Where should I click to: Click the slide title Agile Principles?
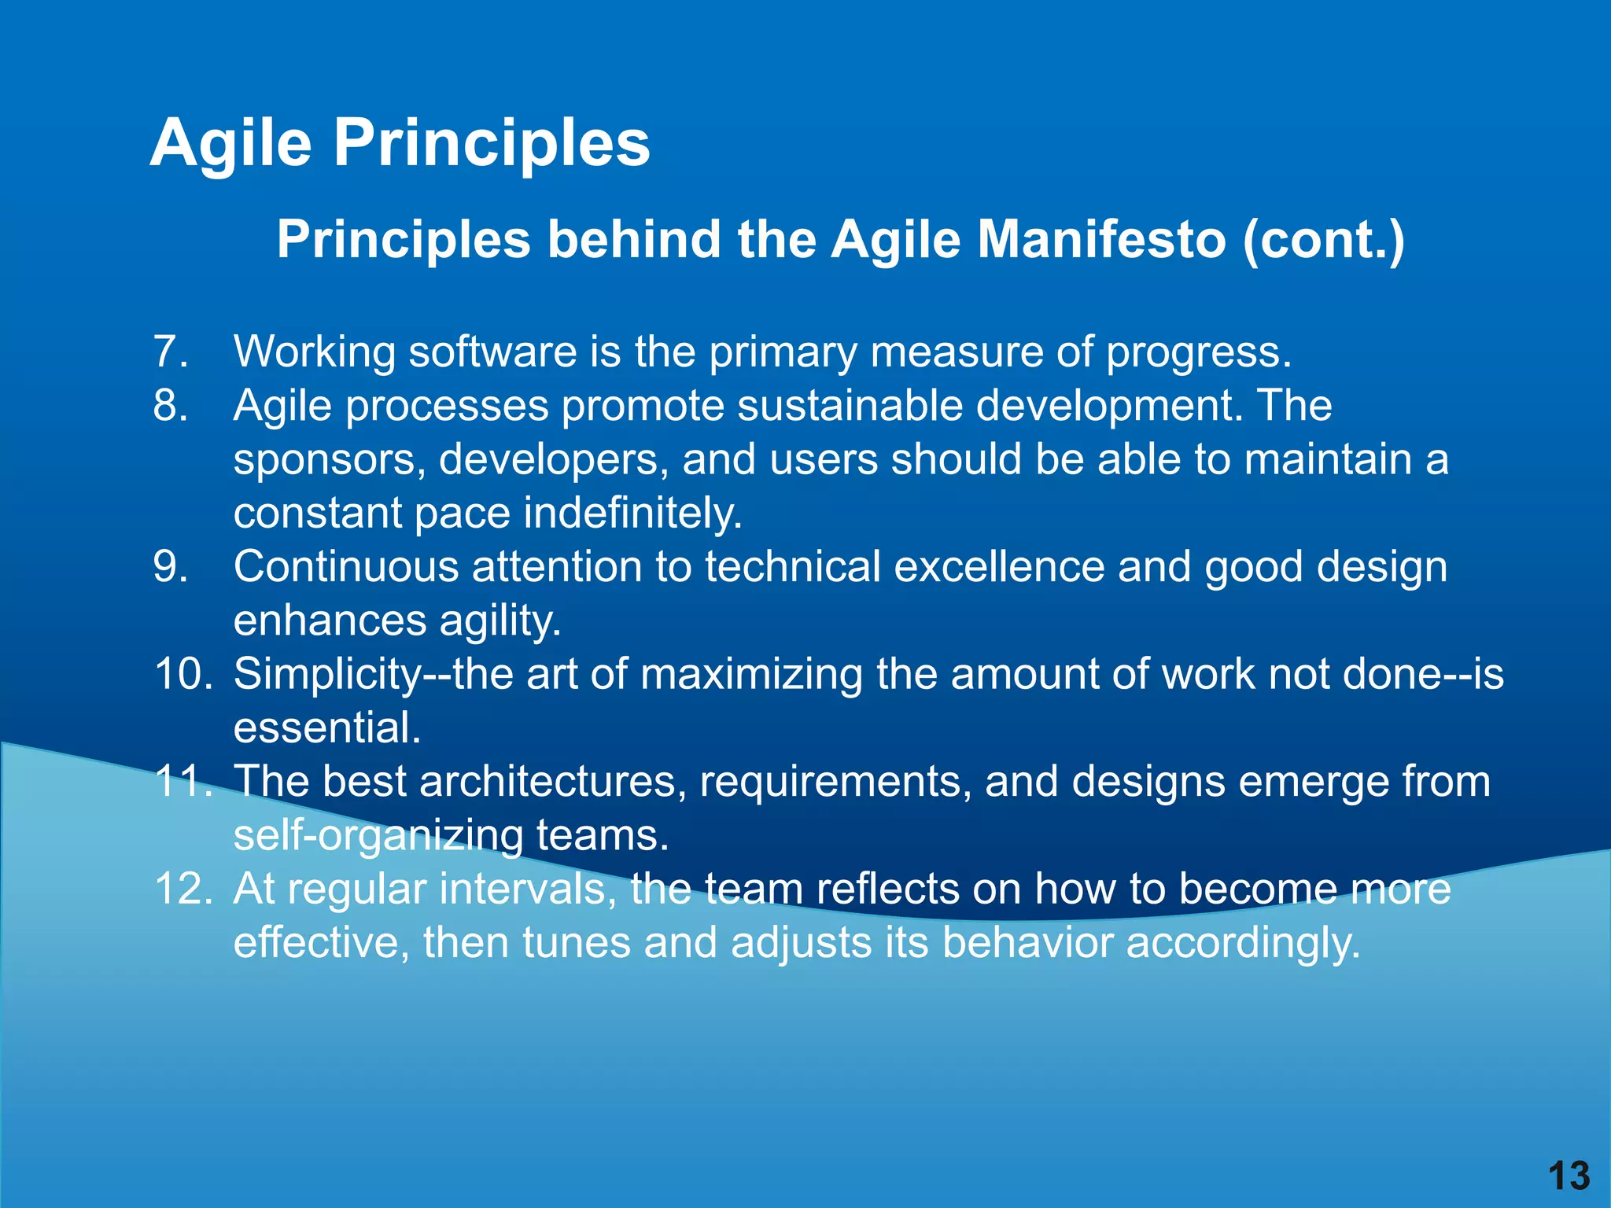(x=400, y=143)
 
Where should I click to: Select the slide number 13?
(x=1569, y=1177)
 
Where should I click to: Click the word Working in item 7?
(x=315, y=352)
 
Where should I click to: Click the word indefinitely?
(x=633, y=513)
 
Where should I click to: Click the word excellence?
(x=999, y=567)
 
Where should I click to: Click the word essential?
(x=327, y=727)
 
